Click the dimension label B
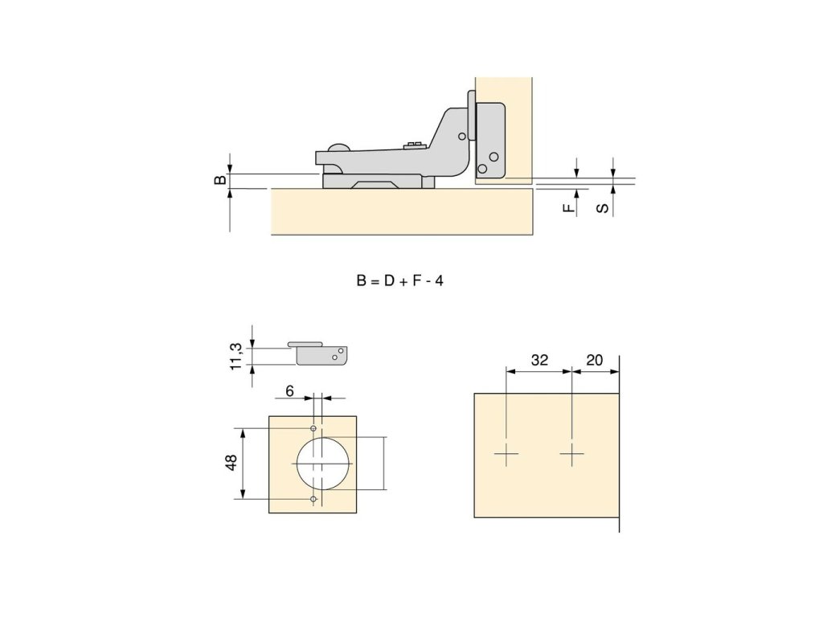(x=221, y=179)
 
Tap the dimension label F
(x=569, y=208)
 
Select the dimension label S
(x=603, y=208)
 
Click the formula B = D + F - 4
(x=400, y=281)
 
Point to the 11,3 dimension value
(x=236, y=356)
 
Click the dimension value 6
(x=289, y=391)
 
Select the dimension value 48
(x=231, y=462)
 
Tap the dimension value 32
(x=539, y=360)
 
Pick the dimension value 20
(x=595, y=360)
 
